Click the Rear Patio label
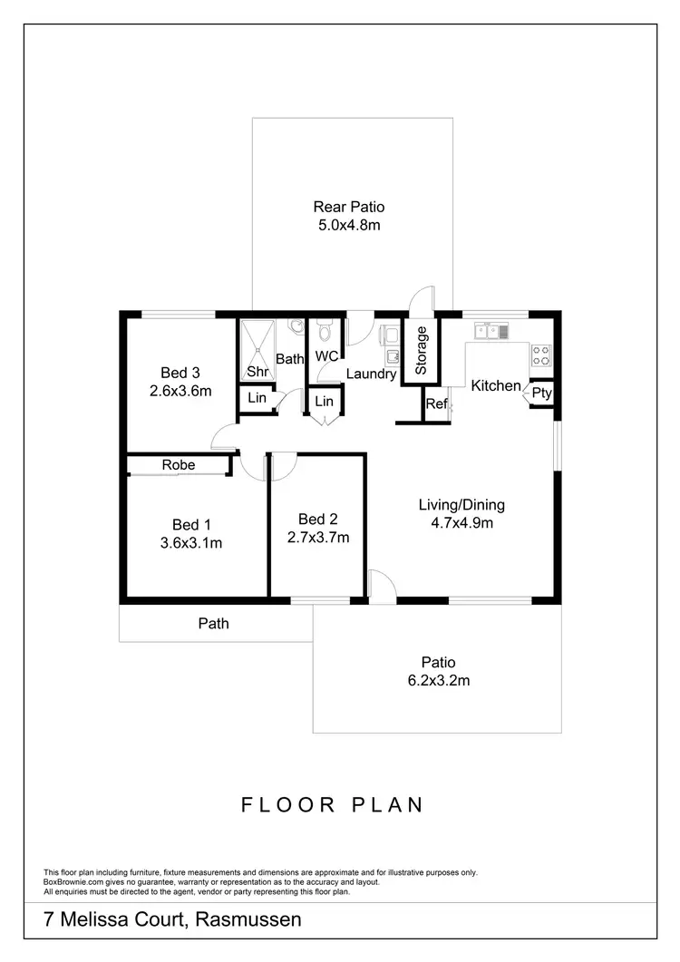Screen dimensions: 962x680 tap(348, 207)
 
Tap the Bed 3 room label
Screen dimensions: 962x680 tap(180, 373)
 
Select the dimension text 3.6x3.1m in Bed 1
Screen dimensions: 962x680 tap(191, 543)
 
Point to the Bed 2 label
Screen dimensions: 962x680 tap(317, 519)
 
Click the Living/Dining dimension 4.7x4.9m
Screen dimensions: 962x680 tap(461, 523)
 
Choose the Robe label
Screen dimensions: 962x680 tap(179, 464)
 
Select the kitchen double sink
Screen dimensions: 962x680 tap(489, 331)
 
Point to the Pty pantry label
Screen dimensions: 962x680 tap(541, 393)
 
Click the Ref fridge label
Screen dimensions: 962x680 tap(436, 404)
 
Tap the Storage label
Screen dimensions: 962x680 tap(421, 351)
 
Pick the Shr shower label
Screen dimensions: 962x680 tap(257, 373)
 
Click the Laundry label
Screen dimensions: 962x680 tap(371, 374)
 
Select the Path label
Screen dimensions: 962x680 tap(214, 623)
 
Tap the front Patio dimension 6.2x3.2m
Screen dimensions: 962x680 tap(437, 680)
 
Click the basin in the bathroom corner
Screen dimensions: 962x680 tap(295, 324)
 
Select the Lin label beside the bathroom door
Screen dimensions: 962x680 tap(257, 399)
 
